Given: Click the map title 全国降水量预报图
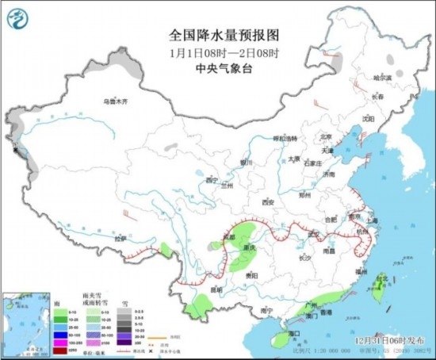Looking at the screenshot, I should tap(219, 36).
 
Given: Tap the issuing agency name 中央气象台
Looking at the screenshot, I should tap(219, 67).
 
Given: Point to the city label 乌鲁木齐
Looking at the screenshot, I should tap(116, 101).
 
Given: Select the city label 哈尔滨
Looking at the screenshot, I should tap(383, 78).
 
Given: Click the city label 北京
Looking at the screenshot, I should tap(323, 136).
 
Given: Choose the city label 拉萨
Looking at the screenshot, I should tap(119, 239).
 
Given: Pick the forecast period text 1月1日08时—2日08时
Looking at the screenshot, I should tap(219, 52).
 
